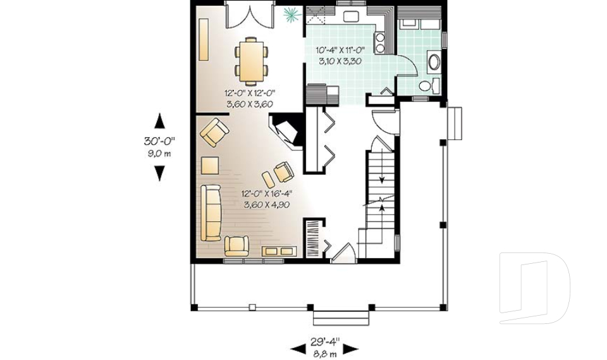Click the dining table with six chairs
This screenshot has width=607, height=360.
[251, 61]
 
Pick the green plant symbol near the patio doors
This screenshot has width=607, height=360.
[291, 13]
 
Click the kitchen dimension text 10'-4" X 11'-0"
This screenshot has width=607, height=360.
[341, 51]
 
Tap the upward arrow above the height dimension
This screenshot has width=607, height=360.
[159, 120]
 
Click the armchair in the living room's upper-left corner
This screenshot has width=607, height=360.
[214, 133]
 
